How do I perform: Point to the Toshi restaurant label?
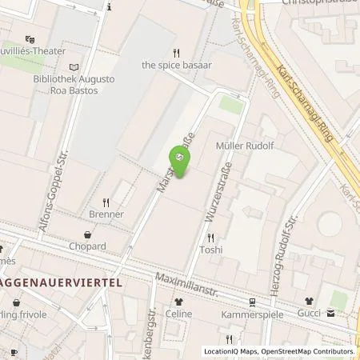[211, 250]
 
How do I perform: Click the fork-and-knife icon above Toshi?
[211, 238]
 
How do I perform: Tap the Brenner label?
[106, 214]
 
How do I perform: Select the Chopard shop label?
[88, 246]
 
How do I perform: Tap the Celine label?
[178, 314]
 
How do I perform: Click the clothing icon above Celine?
[178, 302]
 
